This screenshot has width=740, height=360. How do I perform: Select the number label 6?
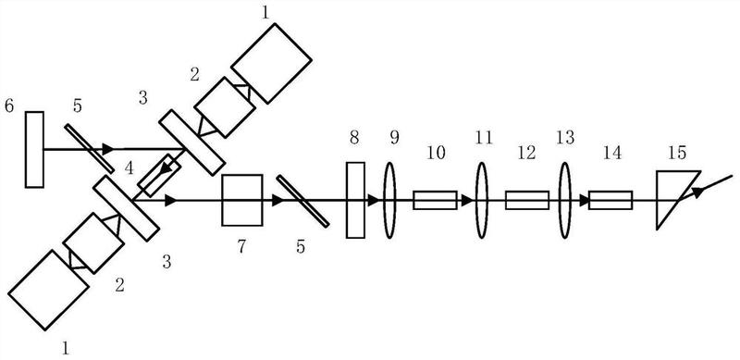click(x=9, y=106)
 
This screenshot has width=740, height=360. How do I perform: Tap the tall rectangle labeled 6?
click(x=34, y=149)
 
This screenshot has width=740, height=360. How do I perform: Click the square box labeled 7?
click(x=242, y=200)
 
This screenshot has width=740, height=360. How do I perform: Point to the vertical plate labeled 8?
click(x=355, y=200)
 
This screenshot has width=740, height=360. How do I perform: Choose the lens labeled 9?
click(x=389, y=200)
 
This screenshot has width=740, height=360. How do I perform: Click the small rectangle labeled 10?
click(x=435, y=200)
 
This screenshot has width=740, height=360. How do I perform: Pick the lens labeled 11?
click(x=481, y=200)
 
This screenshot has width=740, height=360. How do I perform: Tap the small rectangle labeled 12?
click(x=527, y=200)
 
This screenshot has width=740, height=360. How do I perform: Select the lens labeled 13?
click(x=565, y=200)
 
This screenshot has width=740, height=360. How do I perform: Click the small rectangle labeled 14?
click(x=610, y=200)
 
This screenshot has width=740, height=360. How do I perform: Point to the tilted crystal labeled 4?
click(x=158, y=175)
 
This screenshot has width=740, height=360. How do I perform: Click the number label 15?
click(x=677, y=153)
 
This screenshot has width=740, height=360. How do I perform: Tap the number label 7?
click(x=241, y=246)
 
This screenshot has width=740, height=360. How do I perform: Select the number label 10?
click(x=434, y=153)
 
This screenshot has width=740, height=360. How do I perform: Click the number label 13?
click(x=565, y=138)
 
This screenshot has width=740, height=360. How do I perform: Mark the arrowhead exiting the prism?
click(x=698, y=192)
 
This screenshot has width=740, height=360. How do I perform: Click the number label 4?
click(x=129, y=168)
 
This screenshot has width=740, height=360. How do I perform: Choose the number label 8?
click(x=355, y=138)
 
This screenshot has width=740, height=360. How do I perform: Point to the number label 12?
click(x=526, y=153)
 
